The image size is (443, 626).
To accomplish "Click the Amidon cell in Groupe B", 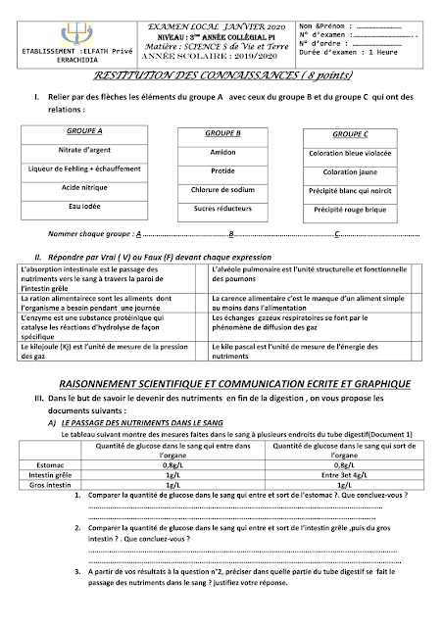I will [222, 153].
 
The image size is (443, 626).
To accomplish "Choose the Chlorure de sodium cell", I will [222, 190].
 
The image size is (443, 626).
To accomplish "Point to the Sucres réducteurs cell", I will [222, 209].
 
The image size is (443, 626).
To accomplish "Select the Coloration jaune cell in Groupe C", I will [350, 171].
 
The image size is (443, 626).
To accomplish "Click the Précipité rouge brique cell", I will [350, 209].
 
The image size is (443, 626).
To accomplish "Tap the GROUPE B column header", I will [222, 132].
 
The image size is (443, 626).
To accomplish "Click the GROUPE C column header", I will [350, 132].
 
